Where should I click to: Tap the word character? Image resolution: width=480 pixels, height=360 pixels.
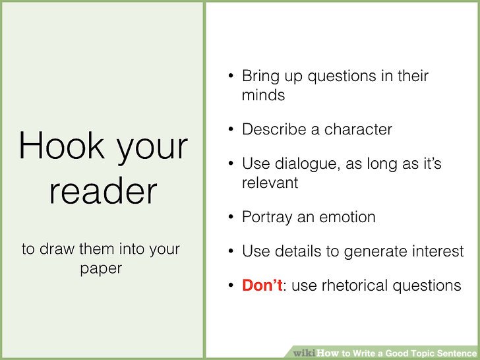361,129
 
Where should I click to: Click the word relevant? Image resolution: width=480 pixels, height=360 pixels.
270,182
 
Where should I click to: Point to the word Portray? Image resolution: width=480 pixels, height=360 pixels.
266,216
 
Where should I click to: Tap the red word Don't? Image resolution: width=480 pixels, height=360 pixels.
262,285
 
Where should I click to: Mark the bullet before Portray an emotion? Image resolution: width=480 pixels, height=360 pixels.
231,216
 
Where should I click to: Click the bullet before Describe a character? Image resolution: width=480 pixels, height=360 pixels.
231,129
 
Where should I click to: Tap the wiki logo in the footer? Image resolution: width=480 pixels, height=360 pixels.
304,353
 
